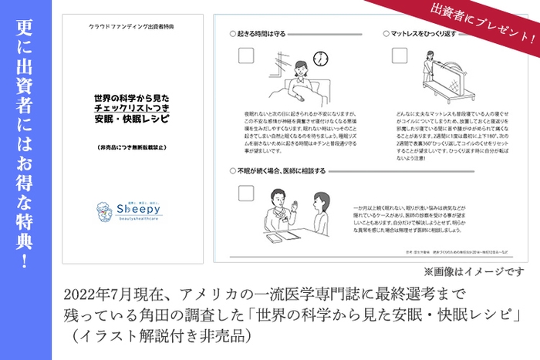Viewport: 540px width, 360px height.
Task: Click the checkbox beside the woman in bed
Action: pos(247,56)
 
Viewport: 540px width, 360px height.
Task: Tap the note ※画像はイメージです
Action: pos(474,272)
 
